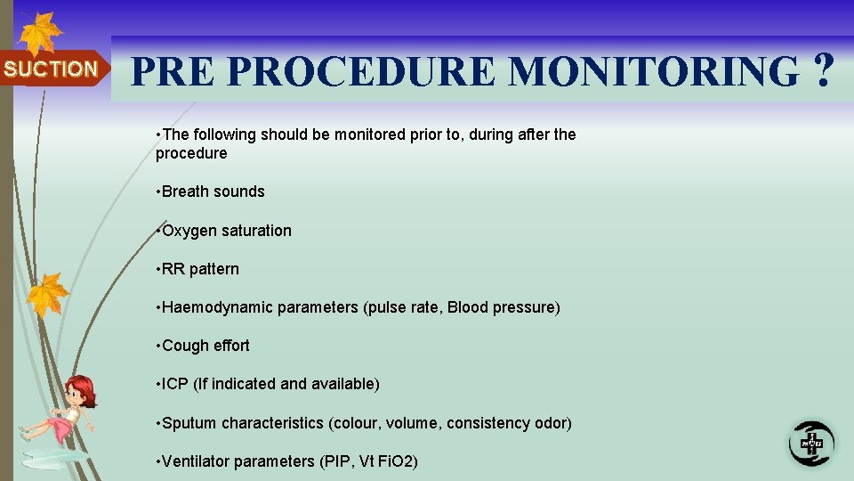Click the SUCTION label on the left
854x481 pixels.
(51, 69)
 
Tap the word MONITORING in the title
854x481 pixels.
(654, 71)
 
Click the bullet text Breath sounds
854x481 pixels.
(213, 192)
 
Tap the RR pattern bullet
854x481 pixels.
(200, 269)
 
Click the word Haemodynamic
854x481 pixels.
(217, 307)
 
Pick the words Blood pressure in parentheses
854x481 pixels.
(503, 307)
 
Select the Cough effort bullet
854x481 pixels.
(205, 346)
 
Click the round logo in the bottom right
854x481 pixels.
(811, 442)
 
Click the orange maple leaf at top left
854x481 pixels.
(40, 34)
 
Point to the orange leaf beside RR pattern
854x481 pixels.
(47, 294)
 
